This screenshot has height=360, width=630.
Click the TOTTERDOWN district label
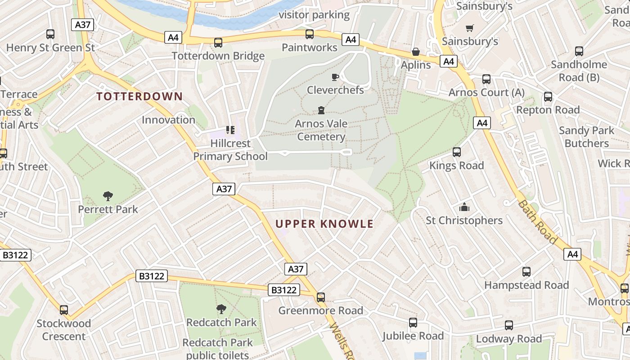click(x=139, y=96)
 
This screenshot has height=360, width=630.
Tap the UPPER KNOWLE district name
click(x=324, y=224)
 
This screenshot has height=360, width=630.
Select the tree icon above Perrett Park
click(x=108, y=196)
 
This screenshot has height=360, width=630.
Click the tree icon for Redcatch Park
click(x=221, y=309)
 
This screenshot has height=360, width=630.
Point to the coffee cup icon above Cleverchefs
click(x=335, y=77)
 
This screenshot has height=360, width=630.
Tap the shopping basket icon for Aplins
click(x=416, y=52)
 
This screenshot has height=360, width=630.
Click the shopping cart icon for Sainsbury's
click(x=470, y=28)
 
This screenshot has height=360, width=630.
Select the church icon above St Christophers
click(x=464, y=207)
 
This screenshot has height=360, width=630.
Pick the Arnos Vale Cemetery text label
click(x=321, y=130)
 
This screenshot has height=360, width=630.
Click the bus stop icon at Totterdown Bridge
click(x=218, y=43)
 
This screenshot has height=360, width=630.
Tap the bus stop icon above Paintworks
click(x=309, y=34)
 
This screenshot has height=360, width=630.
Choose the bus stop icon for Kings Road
click(x=456, y=152)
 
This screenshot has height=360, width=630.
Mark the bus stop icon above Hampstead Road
click(x=526, y=272)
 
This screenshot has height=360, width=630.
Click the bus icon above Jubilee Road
click(x=413, y=323)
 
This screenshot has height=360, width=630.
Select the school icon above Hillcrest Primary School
click(x=230, y=130)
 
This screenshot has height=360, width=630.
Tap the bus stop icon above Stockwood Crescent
click(x=64, y=310)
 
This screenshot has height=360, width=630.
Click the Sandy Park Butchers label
click(x=586, y=137)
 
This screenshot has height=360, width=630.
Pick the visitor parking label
click(x=314, y=15)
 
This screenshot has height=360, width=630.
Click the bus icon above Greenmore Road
click(x=320, y=297)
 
